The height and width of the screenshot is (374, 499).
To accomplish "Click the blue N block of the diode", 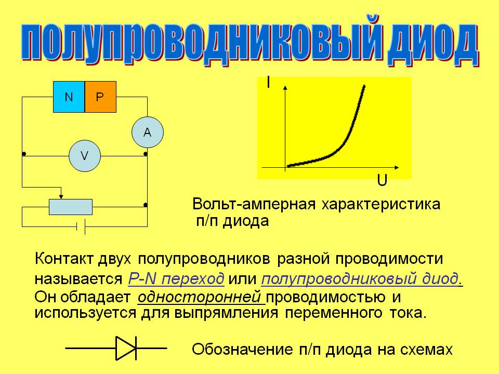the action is tap(69, 97).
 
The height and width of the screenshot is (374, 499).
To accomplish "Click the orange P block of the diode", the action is tap(100, 97).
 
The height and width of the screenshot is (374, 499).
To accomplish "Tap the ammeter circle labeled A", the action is tap(148, 132).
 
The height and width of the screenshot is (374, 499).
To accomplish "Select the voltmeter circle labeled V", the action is tap(85, 156).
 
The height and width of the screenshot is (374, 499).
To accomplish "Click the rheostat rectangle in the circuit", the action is tap(71, 207).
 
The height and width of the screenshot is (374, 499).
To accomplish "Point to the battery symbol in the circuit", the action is tap(81, 226).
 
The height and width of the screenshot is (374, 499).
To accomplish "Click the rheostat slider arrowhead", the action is tap(61, 197).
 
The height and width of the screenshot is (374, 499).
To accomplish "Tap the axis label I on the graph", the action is tap(269, 83).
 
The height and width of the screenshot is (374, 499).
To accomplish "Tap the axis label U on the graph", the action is tap(382, 180).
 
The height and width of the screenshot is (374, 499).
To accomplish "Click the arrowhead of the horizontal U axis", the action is tap(397, 167).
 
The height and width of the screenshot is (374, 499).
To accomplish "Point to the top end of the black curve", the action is tap(364, 86).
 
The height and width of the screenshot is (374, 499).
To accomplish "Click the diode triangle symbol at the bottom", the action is tap(126, 348).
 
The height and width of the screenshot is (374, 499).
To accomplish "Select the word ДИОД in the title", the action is tap(433, 44).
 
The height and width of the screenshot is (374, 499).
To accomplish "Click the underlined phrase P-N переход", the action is tap(176, 278).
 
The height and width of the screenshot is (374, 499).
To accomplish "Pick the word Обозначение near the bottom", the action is tap(242, 349).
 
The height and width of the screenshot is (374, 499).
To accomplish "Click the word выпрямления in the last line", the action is tap(226, 313).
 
